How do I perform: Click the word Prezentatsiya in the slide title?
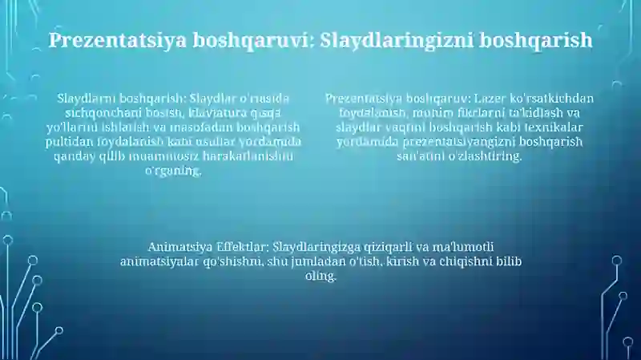click(x=117, y=41)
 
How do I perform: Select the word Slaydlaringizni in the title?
click(x=395, y=41)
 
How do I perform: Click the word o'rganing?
click(x=173, y=171)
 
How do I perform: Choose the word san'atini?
click(x=421, y=156)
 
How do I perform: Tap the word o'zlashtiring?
click(x=486, y=156)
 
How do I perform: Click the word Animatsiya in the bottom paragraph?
click(x=180, y=247)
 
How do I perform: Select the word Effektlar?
click(x=243, y=247)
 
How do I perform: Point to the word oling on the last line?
click(x=320, y=276)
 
